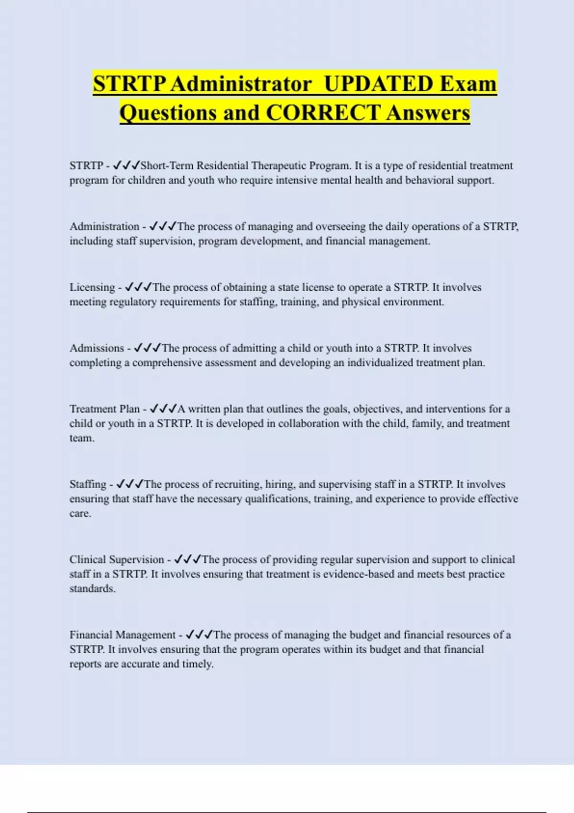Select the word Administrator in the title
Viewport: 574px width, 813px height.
click(241, 84)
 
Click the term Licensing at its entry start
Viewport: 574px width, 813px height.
click(92, 287)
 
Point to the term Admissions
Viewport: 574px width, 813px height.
click(97, 348)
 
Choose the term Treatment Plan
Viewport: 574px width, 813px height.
click(104, 409)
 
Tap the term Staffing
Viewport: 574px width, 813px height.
click(88, 484)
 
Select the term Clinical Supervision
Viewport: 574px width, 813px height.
click(117, 560)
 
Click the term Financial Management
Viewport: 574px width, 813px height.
click(122, 635)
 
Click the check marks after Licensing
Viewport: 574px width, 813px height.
click(138, 287)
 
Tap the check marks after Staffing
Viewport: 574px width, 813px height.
click(130, 484)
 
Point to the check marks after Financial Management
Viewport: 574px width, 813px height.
click(199, 635)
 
